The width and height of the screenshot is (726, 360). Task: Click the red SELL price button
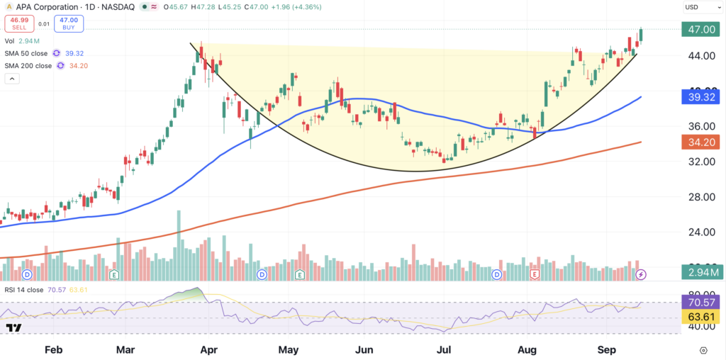pyautogui.click(x=20, y=23)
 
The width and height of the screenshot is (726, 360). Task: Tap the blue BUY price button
pyautogui.click(x=69, y=23)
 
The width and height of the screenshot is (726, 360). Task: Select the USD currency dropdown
pyautogui.click(x=699, y=7)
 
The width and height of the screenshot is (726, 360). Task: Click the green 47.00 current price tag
pyautogui.click(x=700, y=30)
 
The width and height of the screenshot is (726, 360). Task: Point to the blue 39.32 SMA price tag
pyautogui.click(x=700, y=97)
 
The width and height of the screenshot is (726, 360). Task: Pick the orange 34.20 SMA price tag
pyautogui.click(x=700, y=142)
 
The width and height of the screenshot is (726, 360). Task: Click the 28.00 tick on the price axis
pyautogui.click(x=700, y=198)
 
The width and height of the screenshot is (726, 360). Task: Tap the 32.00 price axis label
pyautogui.click(x=700, y=162)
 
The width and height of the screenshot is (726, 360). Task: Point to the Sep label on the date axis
pyautogui.click(x=607, y=350)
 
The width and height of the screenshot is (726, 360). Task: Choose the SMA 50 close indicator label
pyautogui.click(x=26, y=53)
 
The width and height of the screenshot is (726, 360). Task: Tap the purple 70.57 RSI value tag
pyautogui.click(x=700, y=303)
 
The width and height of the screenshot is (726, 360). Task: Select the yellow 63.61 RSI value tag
pyautogui.click(x=700, y=317)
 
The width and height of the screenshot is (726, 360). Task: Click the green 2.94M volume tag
pyautogui.click(x=700, y=273)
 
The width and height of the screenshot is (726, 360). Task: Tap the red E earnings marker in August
pyautogui.click(x=535, y=275)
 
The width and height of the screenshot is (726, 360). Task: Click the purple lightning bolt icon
pyautogui.click(x=641, y=275)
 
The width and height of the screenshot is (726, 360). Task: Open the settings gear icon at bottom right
pyautogui.click(x=704, y=350)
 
